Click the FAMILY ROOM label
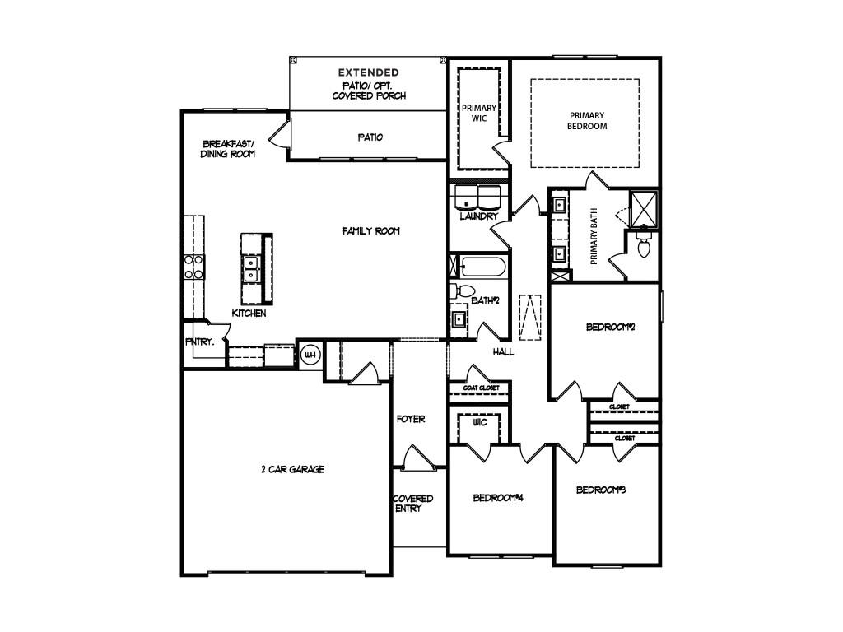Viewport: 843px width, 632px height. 371,231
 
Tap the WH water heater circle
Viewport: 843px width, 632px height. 310,355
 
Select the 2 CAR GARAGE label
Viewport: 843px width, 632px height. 293,469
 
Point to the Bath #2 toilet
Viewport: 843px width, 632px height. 459,291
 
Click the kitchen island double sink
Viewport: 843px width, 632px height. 250,269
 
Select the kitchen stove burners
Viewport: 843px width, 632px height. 193,267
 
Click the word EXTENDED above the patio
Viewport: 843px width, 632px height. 368,72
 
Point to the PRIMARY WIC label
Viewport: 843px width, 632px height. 479,113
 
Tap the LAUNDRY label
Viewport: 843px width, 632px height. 479,216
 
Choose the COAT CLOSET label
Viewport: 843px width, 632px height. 481,388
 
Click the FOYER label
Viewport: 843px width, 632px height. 411,419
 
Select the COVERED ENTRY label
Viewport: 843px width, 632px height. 412,504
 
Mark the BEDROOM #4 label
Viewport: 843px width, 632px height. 498,498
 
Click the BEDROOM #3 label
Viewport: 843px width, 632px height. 600,490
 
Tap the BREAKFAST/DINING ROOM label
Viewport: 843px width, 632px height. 228,149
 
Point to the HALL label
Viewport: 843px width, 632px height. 503,352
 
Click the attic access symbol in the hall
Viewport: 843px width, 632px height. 530,317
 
